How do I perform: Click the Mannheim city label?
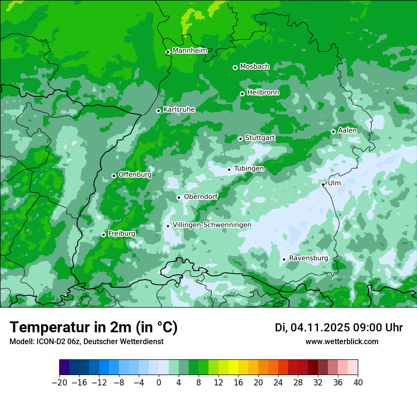click(x=190, y=51)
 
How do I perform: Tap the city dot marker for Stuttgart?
click(x=240, y=139)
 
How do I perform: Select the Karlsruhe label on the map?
click(x=179, y=110)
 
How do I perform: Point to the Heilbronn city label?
click(x=263, y=93)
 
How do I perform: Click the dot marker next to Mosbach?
click(x=235, y=67)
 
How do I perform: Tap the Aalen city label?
click(x=347, y=131)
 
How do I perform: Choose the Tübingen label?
click(x=249, y=169)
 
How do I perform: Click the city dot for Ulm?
click(x=323, y=184)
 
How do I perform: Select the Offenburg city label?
click(x=135, y=175)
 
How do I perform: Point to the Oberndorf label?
click(x=200, y=197)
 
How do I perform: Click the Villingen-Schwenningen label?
click(x=212, y=225)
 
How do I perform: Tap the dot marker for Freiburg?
click(x=103, y=235)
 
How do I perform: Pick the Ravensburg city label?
click(x=308, y=258)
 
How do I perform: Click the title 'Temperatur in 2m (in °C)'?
click(x=93, y=328)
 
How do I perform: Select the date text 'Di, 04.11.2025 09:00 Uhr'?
click(x=339, y=328)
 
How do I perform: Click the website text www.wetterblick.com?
click(x=342, y=342)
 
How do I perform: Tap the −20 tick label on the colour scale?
click(x=59, y=383)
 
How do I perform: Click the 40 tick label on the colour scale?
click(x=358, y=383)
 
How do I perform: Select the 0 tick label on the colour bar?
click(x=159, y=383)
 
